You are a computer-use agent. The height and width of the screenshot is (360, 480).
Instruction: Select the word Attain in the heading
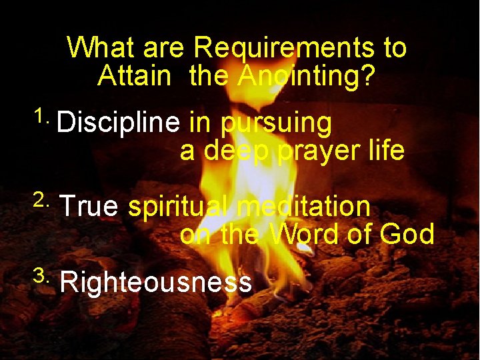(134, 76)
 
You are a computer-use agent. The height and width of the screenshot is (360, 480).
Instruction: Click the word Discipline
(119, 123)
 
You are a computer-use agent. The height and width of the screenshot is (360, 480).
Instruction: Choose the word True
(89, 207)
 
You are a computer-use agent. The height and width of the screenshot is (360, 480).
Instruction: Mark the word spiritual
(178, 207)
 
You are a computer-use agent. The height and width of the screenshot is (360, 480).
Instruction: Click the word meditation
(303, 207)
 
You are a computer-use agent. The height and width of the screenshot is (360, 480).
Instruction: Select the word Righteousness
(156, 283)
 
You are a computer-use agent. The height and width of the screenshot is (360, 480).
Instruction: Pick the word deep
(237, 152)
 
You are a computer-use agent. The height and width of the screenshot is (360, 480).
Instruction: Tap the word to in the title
(393, 49)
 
